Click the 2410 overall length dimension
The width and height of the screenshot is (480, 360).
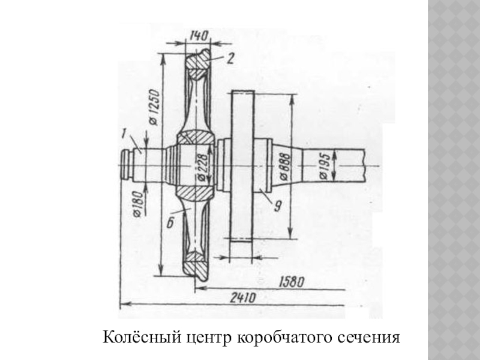coord(242,297)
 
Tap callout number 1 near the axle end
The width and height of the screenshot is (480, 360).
coord(124,131)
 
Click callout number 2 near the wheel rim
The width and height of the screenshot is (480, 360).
coord(230,58)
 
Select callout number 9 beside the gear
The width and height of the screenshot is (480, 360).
coord(278,206)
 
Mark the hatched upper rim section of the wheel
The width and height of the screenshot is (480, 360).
coord(197,61)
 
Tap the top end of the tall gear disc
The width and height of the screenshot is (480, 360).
coord(242,93)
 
